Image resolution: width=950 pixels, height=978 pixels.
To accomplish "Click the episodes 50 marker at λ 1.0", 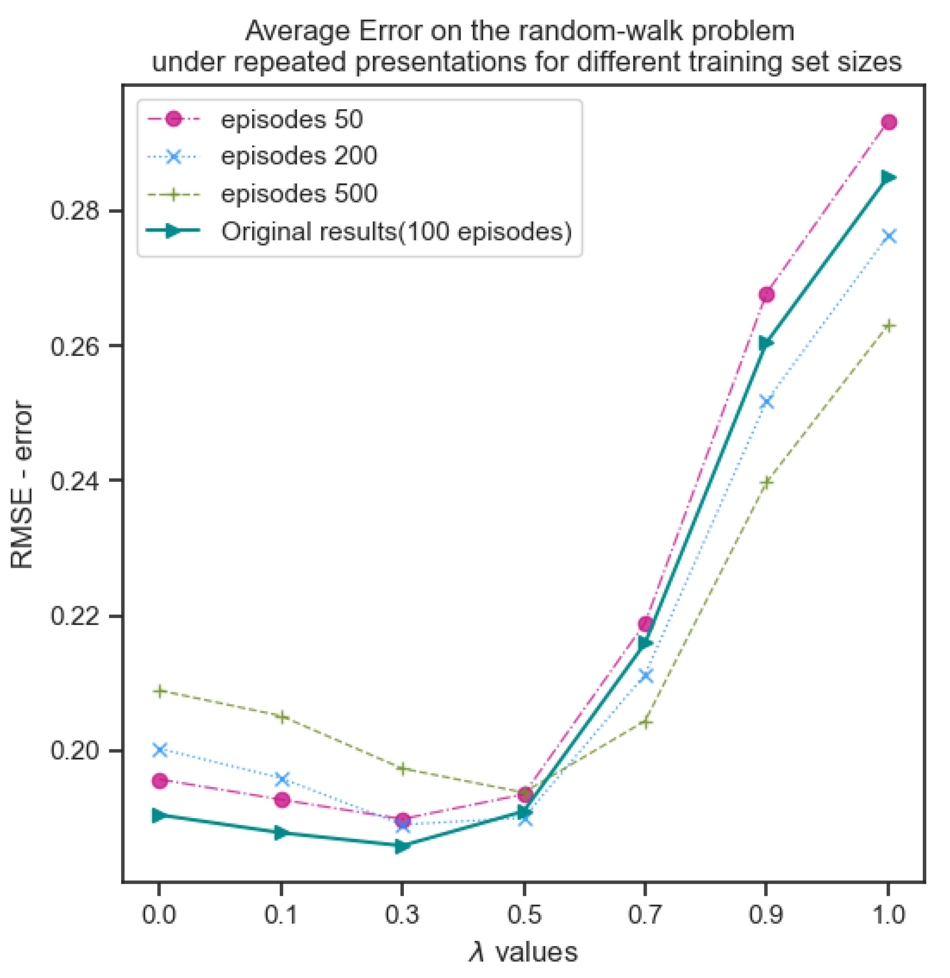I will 889,122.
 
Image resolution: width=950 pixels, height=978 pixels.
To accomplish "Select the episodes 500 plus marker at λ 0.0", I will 159,691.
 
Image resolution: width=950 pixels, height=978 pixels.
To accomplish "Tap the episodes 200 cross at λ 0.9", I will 766,402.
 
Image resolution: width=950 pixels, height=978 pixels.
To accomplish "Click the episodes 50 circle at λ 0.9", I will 766,295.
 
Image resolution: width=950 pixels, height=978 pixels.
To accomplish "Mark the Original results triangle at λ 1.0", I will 889,178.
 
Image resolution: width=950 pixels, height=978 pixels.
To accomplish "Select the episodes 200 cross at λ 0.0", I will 159,749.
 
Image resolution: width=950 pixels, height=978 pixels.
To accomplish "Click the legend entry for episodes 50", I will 291,120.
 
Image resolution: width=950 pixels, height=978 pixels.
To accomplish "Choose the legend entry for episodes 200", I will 298,156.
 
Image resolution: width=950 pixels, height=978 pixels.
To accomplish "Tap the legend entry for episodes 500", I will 298,194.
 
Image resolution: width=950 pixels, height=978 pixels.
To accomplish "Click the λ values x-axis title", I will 523,952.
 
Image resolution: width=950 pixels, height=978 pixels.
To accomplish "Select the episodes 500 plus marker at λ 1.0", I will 889,326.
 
